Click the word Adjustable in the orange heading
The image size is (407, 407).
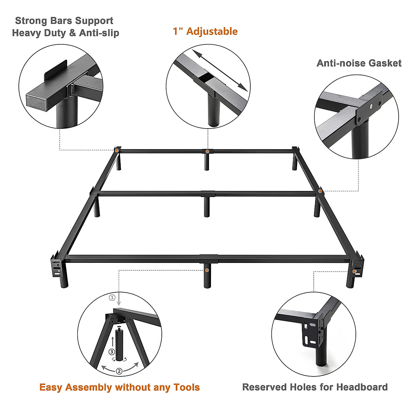(212, 32)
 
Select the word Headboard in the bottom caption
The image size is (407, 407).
(362, 387)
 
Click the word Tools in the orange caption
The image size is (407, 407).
(187, 387)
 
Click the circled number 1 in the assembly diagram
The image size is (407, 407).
(112, 298)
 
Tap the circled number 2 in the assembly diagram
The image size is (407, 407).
(119, 371)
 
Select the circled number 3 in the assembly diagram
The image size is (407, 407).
(112, 351)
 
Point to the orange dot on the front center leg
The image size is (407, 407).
(207, 270)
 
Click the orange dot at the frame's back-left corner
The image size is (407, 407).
(117, 150)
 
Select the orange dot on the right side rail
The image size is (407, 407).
(320, 192)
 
